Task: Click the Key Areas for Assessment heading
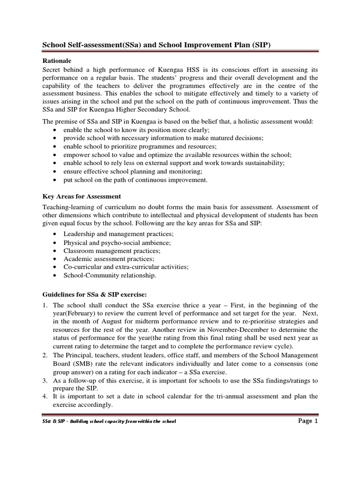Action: click(82, 196)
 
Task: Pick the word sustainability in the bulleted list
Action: click(260, 163)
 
